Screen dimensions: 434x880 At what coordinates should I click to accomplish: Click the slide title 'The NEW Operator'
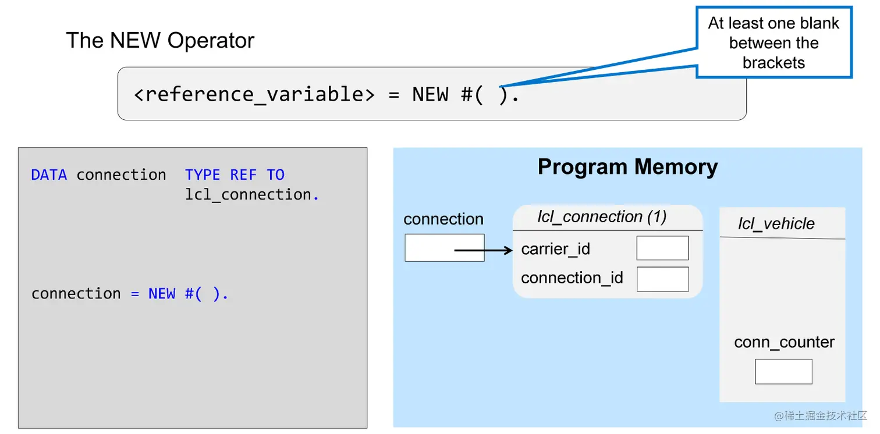tap(160, 41)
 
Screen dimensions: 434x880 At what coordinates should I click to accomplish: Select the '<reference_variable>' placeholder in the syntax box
tap(254, 94)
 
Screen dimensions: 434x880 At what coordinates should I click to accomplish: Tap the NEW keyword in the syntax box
tap(430, 94)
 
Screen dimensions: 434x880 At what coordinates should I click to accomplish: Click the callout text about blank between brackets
tap(773, 43)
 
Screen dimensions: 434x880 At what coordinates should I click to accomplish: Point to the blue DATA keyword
tap(49, 175)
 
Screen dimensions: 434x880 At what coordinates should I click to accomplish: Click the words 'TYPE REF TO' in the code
tap(235, 175)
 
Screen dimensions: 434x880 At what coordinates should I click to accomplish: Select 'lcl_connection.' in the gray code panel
tap(251, 194)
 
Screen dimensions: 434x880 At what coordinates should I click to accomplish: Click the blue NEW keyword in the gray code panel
tap(162, 294)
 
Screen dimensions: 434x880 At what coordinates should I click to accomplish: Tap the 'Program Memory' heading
tap(627, 167)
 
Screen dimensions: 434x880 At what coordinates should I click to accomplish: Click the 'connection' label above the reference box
tap(443, 219)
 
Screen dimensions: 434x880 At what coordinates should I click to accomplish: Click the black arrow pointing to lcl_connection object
tap(482, 251)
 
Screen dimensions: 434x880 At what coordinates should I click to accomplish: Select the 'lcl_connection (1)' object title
tap(602, 217)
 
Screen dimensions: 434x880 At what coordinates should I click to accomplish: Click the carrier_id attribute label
tap(555, 249)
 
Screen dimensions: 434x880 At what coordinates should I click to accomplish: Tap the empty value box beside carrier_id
tap(662, 248)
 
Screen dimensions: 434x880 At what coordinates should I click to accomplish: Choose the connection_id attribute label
tap(572, 278)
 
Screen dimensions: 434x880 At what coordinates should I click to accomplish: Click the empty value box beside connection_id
tap(662, 279)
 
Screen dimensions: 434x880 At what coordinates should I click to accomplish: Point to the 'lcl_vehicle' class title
tap(776, 224)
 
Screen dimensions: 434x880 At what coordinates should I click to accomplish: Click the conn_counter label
tap(784, 342)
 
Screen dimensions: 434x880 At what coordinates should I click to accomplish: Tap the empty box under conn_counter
tap(783, 371)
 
